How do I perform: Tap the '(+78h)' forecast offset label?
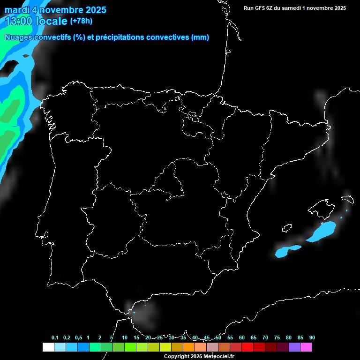(82, 21)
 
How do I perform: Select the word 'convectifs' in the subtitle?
(52, 37)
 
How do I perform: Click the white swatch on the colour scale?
(48, 347)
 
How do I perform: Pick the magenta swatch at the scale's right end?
(306, 347)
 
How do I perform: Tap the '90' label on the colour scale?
(312, 338)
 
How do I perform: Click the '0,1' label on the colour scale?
(55, 338)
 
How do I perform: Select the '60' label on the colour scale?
(241, 338)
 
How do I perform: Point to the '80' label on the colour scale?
(288, 338)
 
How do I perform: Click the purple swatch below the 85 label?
(294, 347)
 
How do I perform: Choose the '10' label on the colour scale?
(124, 338)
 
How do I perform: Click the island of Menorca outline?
(347, 199)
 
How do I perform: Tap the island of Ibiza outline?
(285, 228)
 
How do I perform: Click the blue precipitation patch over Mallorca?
(323, 231)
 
